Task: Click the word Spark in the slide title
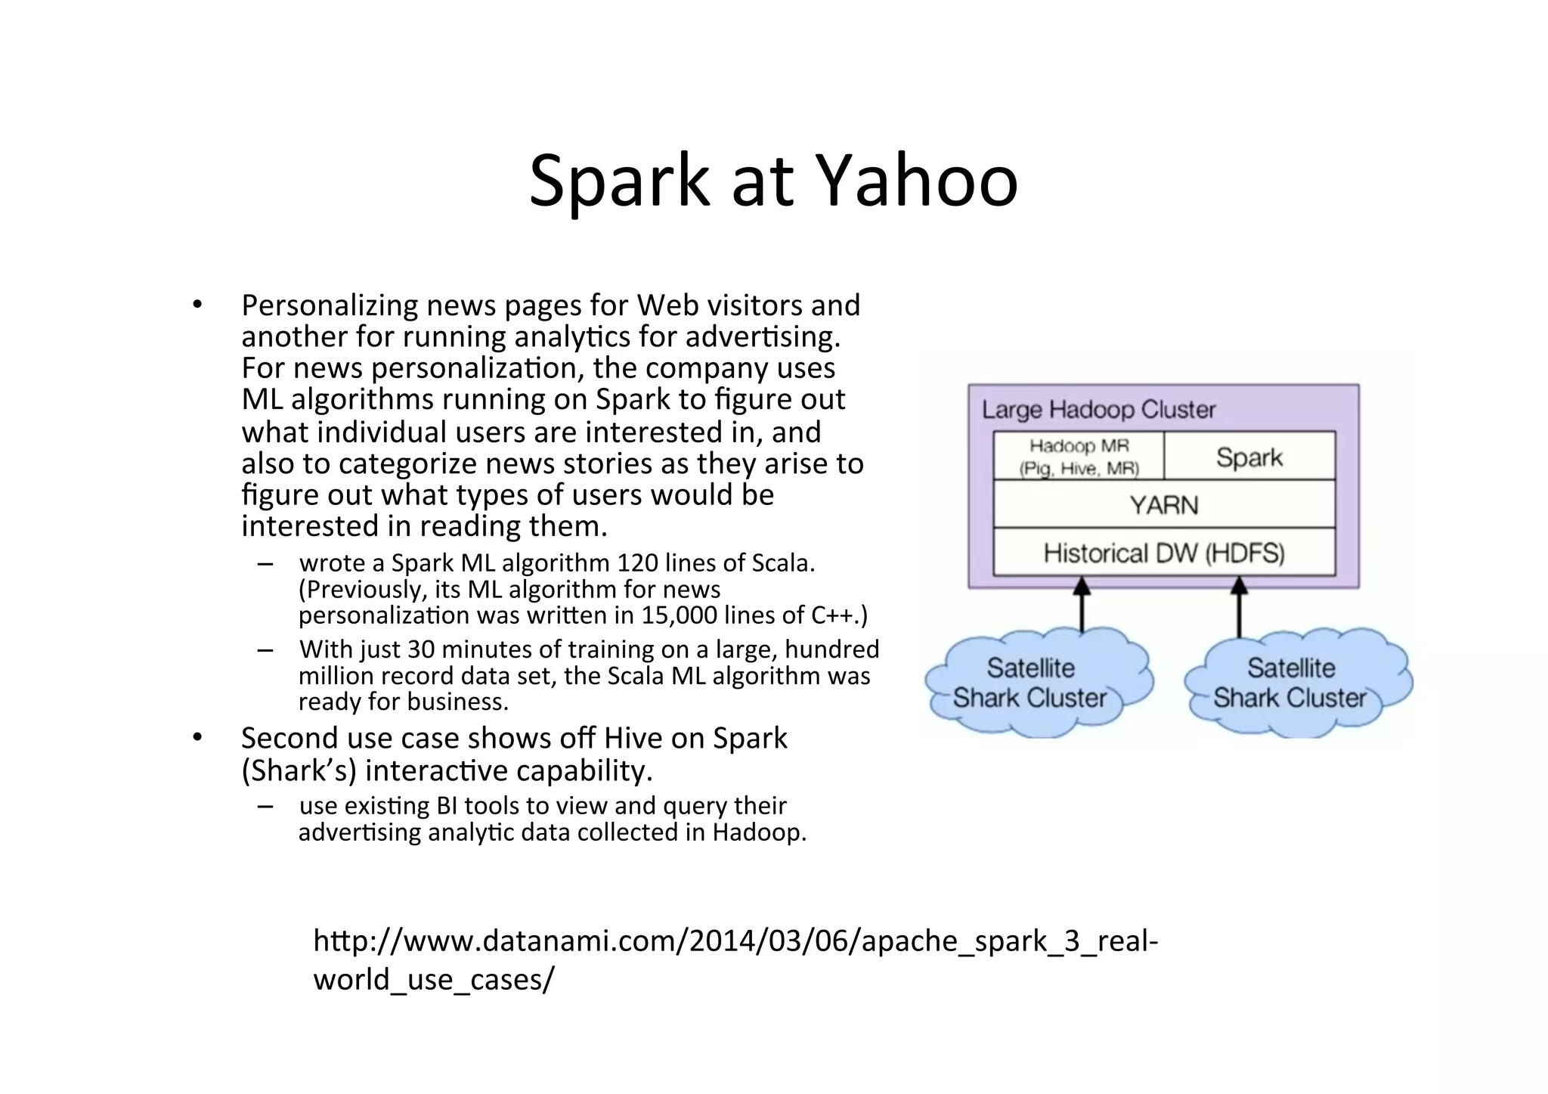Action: tap(618, 181)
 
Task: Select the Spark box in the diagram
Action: tap(1249, 457)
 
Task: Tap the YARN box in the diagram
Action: tap(1163, 504)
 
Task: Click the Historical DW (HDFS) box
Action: tap(1163, 553)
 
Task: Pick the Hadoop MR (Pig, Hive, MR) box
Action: tap(1079, 457)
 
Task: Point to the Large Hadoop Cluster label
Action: tap(1098, 410)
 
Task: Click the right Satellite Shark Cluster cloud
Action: tap(1293, 683)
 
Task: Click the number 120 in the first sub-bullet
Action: tap(637, 563)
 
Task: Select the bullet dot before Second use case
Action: tap(197, 737)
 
